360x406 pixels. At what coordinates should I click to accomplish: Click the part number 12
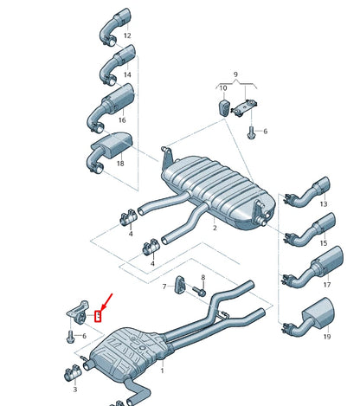[x=127, y=36]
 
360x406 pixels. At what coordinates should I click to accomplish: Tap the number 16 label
[x=121, y=120]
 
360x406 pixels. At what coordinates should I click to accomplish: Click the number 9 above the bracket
[x=234, y=75]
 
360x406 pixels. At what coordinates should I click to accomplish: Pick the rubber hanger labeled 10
[x=222, y=107]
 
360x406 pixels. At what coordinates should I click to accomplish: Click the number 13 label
[x=323, y=204]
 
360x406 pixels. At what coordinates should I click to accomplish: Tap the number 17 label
[x=326, y=284]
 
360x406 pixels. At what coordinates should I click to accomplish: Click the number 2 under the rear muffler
[x=215, y=229]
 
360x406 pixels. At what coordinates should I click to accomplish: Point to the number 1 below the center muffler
[x=161, y=370]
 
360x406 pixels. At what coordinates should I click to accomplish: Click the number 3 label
[x=76, y=390]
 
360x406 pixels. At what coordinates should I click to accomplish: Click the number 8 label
[x=203, y=278]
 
